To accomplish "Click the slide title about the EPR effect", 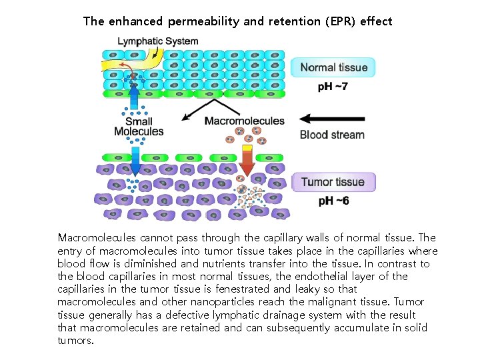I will pyautogui.click(x=237, y=21).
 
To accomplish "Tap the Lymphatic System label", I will pyautogui.click(x=157, y=41).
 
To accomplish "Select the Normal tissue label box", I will pyautogui.click(x=333, y=67).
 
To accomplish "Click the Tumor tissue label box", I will pyautogui.click(x=333, y=182).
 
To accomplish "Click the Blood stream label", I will pyautogui.click(x=332, y=134).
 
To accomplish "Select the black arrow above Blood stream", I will pyautogui.click(x=331, y=119).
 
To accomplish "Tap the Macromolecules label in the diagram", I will pyautogui.click(x=244, y=121).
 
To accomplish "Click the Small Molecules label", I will pyautogui.click(x=139, y=127).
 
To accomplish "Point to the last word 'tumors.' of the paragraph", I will pyautogui.click(x=76, y=341).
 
